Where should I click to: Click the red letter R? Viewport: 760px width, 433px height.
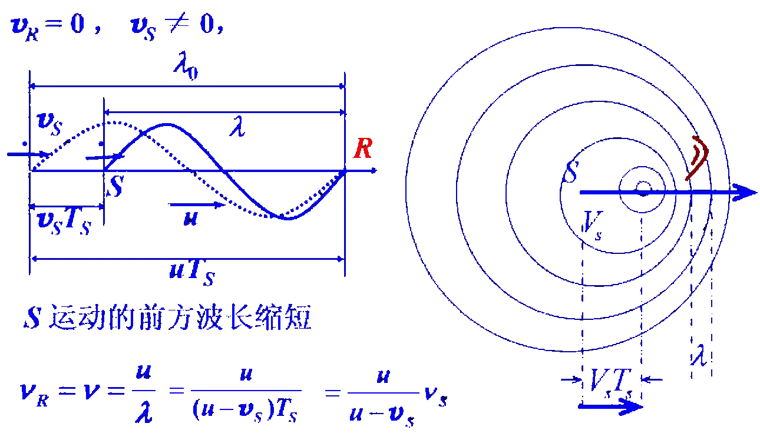[x=362, y=149]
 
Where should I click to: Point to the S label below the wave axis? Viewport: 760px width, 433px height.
[x=116, y=187]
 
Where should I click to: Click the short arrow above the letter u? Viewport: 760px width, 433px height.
[x=197, y=205]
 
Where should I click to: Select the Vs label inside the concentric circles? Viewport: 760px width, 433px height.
[x=593, y=222]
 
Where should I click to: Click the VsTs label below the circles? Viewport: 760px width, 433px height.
[x=611, y=382]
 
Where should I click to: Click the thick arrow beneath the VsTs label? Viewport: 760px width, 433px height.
[x=610, y=406]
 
